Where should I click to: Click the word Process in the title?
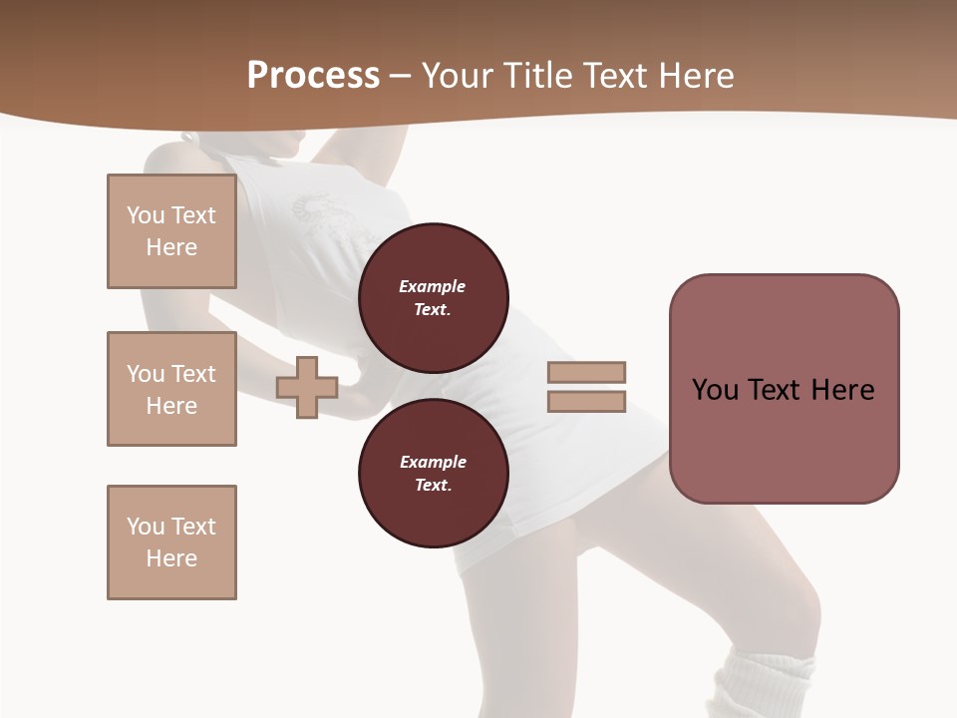[x=313, y=76]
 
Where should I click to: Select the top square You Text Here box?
[x=171, y=231]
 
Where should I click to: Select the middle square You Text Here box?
[x=171, y=389]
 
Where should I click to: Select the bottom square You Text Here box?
[x=171, y=542]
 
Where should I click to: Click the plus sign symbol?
[x=307, y=387]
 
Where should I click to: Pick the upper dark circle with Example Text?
[x=434, y=297]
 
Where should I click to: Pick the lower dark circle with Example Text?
[x=434, y=473]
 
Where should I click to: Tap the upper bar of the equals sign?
[x=586, y=372]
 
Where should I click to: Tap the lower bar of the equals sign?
[x=586, y=401]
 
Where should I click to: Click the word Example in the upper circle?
[x=432, y=286]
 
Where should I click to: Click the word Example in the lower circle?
[x=433, y=462]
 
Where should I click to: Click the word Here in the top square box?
[x=171, y=247]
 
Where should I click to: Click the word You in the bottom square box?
[x=145, y=527]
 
